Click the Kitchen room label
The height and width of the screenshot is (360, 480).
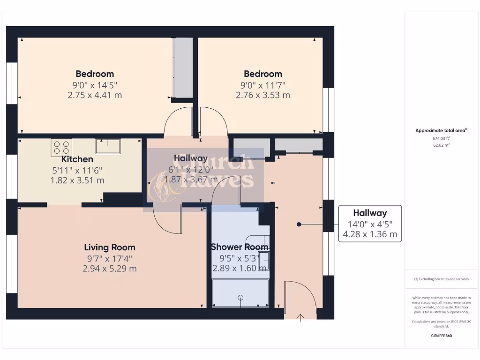coord(77,159)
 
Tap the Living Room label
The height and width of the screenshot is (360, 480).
coord(110,247)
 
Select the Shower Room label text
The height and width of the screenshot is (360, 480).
coord(240,247)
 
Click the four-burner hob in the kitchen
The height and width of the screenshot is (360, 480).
coord(61,147)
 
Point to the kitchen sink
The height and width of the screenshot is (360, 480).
coord(108,146)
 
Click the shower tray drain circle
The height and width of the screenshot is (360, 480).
coord(240,297)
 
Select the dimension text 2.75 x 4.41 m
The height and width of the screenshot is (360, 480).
coord(95,95)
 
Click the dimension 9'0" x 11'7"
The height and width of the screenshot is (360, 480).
coord(262,85)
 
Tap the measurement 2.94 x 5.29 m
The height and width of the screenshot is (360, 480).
coord(110,269)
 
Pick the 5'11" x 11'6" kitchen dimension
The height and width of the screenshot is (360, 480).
coord(77,170)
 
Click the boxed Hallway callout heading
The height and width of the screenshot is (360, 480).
coord(370,213)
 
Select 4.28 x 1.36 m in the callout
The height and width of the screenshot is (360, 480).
coord(370,234)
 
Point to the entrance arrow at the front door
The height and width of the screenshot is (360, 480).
coord(300,317)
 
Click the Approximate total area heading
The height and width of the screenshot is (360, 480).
coord(441,131)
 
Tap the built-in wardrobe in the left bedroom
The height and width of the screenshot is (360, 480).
coord(183,67)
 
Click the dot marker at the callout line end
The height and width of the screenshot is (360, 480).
coord(299,225)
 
